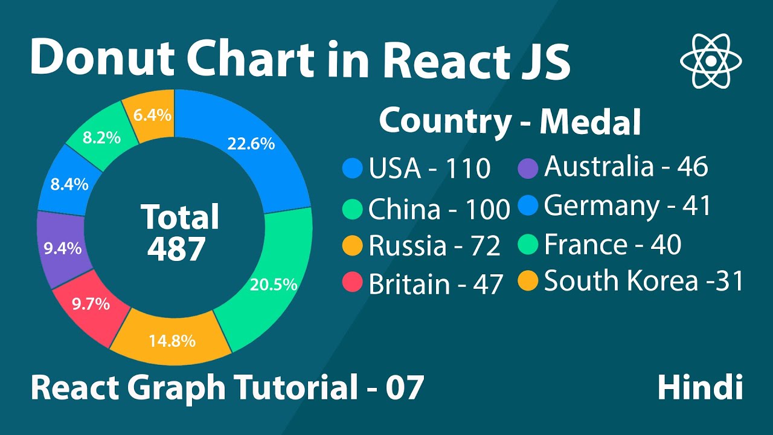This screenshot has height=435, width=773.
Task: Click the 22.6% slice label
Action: pos(251,144)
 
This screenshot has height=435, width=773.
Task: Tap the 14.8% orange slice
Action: pos(172,341)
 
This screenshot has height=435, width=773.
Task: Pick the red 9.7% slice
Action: pos(91,304)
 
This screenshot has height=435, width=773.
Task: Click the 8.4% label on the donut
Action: pos(69,184)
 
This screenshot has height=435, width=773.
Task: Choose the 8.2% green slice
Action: pos(101,138)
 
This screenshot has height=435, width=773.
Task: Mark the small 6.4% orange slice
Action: pos(152,115)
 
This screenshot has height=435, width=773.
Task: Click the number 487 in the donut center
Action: pos(176,248)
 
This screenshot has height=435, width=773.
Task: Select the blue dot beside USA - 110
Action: pos(352,168)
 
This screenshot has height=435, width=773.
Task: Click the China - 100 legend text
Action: pos(439,210)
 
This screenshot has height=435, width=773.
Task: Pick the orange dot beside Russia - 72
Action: pos(352,245)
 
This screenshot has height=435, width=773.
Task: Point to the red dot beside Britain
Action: pos(352,282)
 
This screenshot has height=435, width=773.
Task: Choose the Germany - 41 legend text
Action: pos(627,206)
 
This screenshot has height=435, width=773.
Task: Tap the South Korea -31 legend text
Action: pos(643,282)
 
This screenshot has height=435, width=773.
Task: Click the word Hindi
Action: pos(700,387)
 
